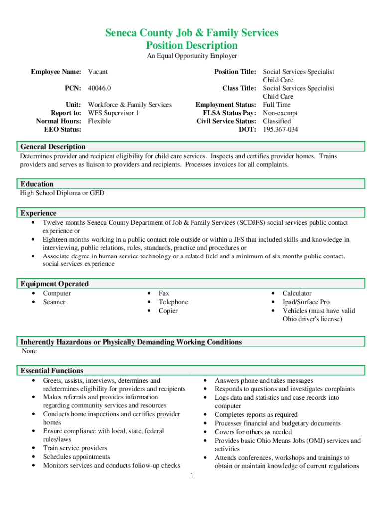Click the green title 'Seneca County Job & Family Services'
pyautogui.click(x=192, y=33)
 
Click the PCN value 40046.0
pyautogui.click(x=99, y=88)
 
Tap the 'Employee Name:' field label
pyautogui.click(x=56, y=72)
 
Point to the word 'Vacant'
pyautogui.click(x=98, y=72)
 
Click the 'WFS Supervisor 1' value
pyautogui.click(x=113, y=113)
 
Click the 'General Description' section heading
pyautogui.click(x=53, y=147)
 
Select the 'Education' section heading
pyautogui.click(x=37, y=184)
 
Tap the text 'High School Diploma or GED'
pyautogui.click(x=62, y=193)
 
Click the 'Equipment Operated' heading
pyautogui.click(x=54, y=284)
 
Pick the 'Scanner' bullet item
pyautogui.click(x=54, y=302)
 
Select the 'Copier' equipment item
pyautogui.click(x=168, y=311)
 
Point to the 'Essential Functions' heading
pyautogui.click(x=52, y=371)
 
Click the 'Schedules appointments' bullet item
pyautogui.click(x=76, y=457)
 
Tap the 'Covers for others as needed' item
pyautogui.click(x=253, y=432)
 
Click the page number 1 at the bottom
pyautogui.click(x=192, y=475)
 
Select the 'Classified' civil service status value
pyautogui.click(x=277, y=121)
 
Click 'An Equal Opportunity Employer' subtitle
pyautogui.click(x=192, y=56)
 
